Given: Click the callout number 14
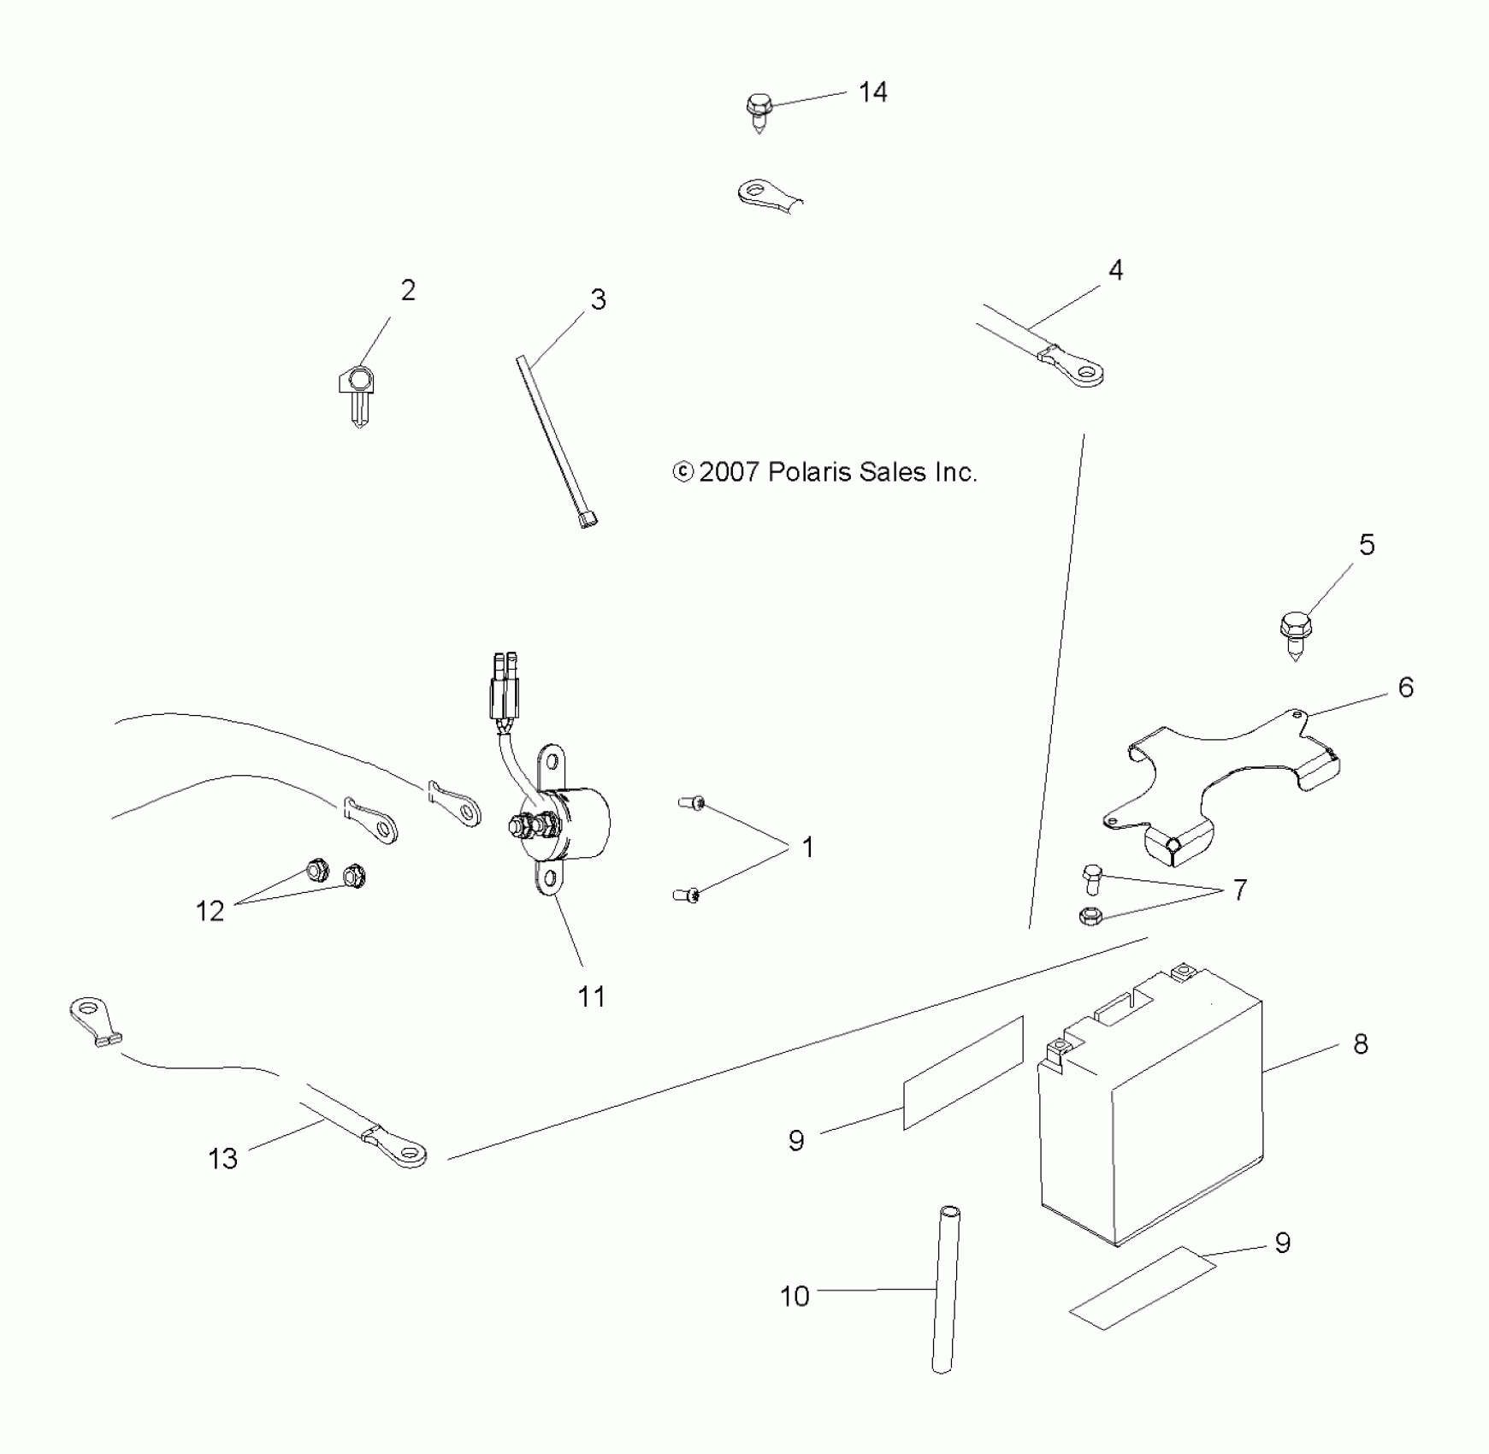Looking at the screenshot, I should (x=872, y=92).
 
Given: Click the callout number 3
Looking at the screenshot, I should (x=598, y=300).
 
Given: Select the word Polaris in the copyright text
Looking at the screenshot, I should (x=804, y=472).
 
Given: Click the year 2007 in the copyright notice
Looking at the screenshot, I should (x=729, y=472).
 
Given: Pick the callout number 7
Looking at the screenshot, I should (x=1239, y=890).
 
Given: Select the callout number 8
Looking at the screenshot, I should (x=1360, y=1044).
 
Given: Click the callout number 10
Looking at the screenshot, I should (x=795, y=1297).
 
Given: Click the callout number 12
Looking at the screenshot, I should (x=210, y=912).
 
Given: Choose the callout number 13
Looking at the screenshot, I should (x=222, y=1159).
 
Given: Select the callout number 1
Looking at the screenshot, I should (x=807, y=848).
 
